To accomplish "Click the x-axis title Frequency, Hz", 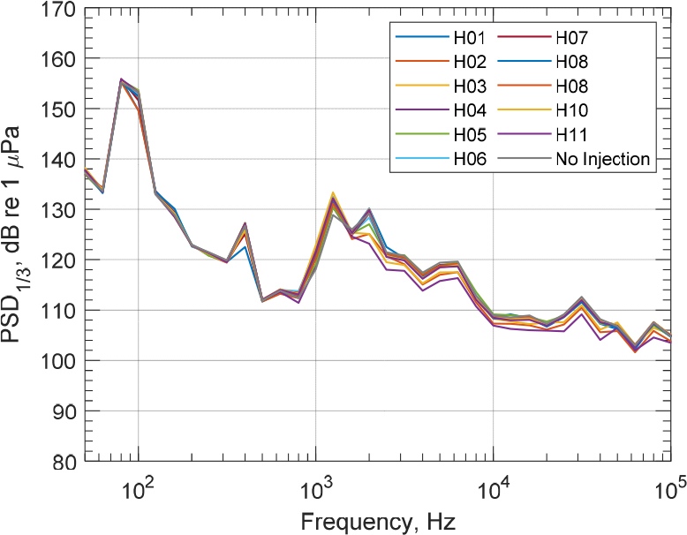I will (x=376, y=521).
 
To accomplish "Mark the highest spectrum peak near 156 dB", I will (x=121, y=79).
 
